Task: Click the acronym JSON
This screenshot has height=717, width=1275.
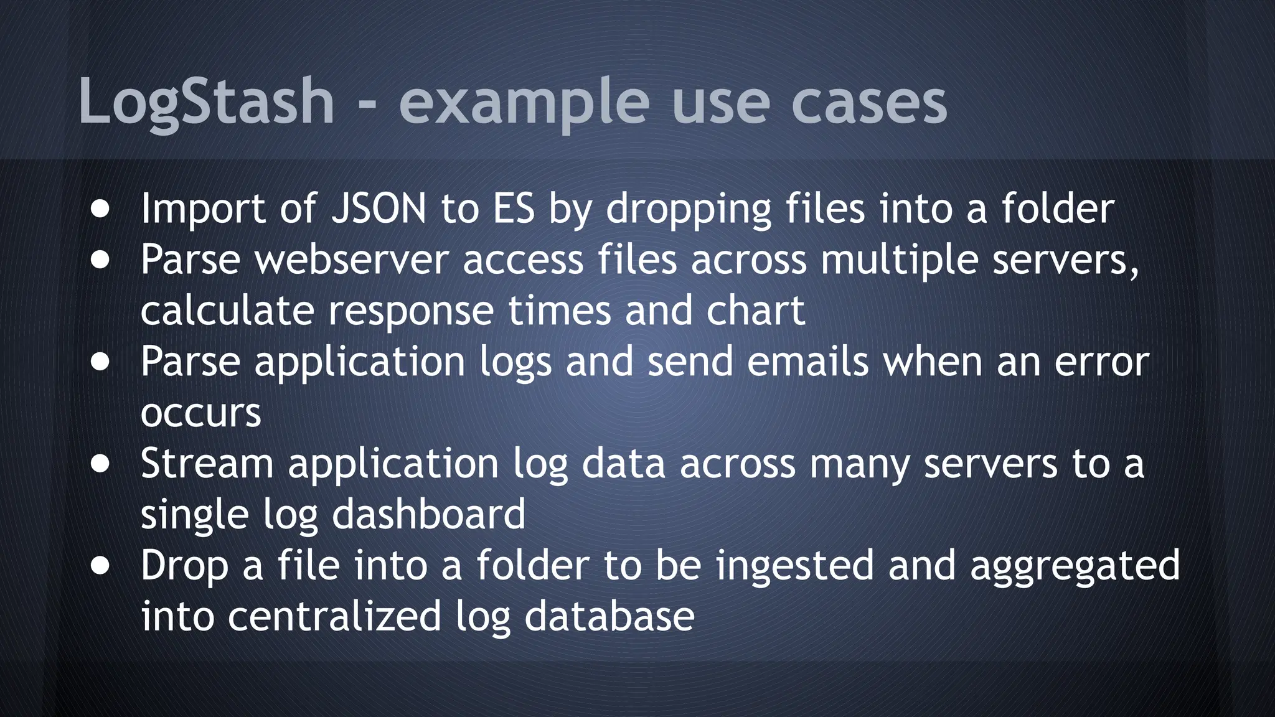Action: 379,209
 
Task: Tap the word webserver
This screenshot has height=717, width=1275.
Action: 352,260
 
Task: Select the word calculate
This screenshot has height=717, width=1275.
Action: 227,311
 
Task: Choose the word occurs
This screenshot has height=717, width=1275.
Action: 200,414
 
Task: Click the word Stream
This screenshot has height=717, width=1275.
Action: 207,464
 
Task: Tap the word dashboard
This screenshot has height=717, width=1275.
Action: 429,515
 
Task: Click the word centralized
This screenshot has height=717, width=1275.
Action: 334,617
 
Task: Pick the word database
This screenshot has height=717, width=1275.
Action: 609,617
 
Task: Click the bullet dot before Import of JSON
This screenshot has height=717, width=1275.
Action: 100,210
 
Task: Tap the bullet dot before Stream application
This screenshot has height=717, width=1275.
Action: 100,465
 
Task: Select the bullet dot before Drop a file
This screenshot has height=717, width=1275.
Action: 100,567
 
